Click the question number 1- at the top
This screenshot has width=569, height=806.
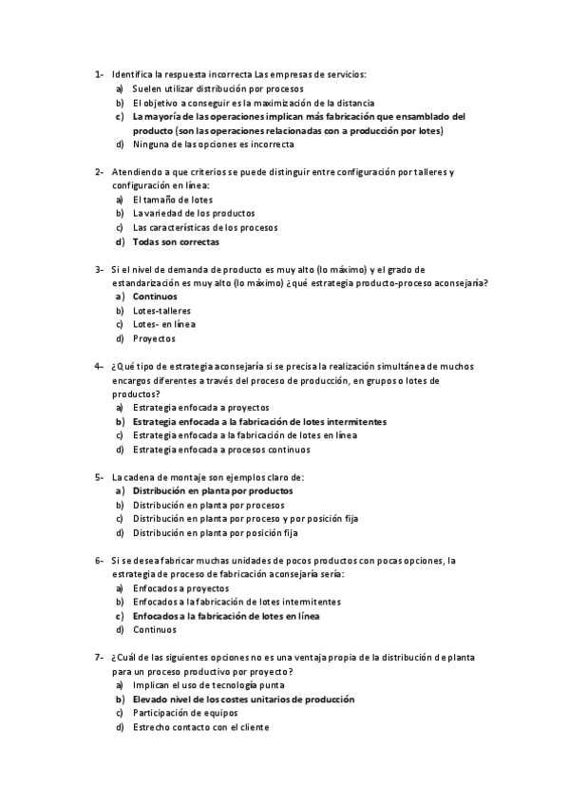(x=99, y=74)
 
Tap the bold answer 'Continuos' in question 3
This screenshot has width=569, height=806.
(x=155, y=297)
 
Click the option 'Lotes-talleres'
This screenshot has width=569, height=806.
(x=161, y=311)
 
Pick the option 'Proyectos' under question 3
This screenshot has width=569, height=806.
(x=154, y=338)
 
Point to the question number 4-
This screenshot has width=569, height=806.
(x=99, y=366)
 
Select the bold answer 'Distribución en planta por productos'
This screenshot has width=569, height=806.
(x=213, y=490)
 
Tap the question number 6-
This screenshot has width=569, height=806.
(x=99, y=560)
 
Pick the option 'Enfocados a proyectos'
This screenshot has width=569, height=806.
(x=180, y=587)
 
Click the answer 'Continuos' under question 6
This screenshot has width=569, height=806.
(x=155, y=629)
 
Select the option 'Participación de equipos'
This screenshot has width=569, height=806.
(x=187, y=713)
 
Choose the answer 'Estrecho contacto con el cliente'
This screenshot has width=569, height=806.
(x=201, y=727)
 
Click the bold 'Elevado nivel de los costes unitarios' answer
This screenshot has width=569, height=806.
(x=244, y=699)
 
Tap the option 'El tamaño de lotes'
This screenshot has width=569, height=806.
(x=173, y=200)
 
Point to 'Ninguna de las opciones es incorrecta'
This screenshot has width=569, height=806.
(x=214, y=144)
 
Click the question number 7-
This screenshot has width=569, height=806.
(x=99, y=657)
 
